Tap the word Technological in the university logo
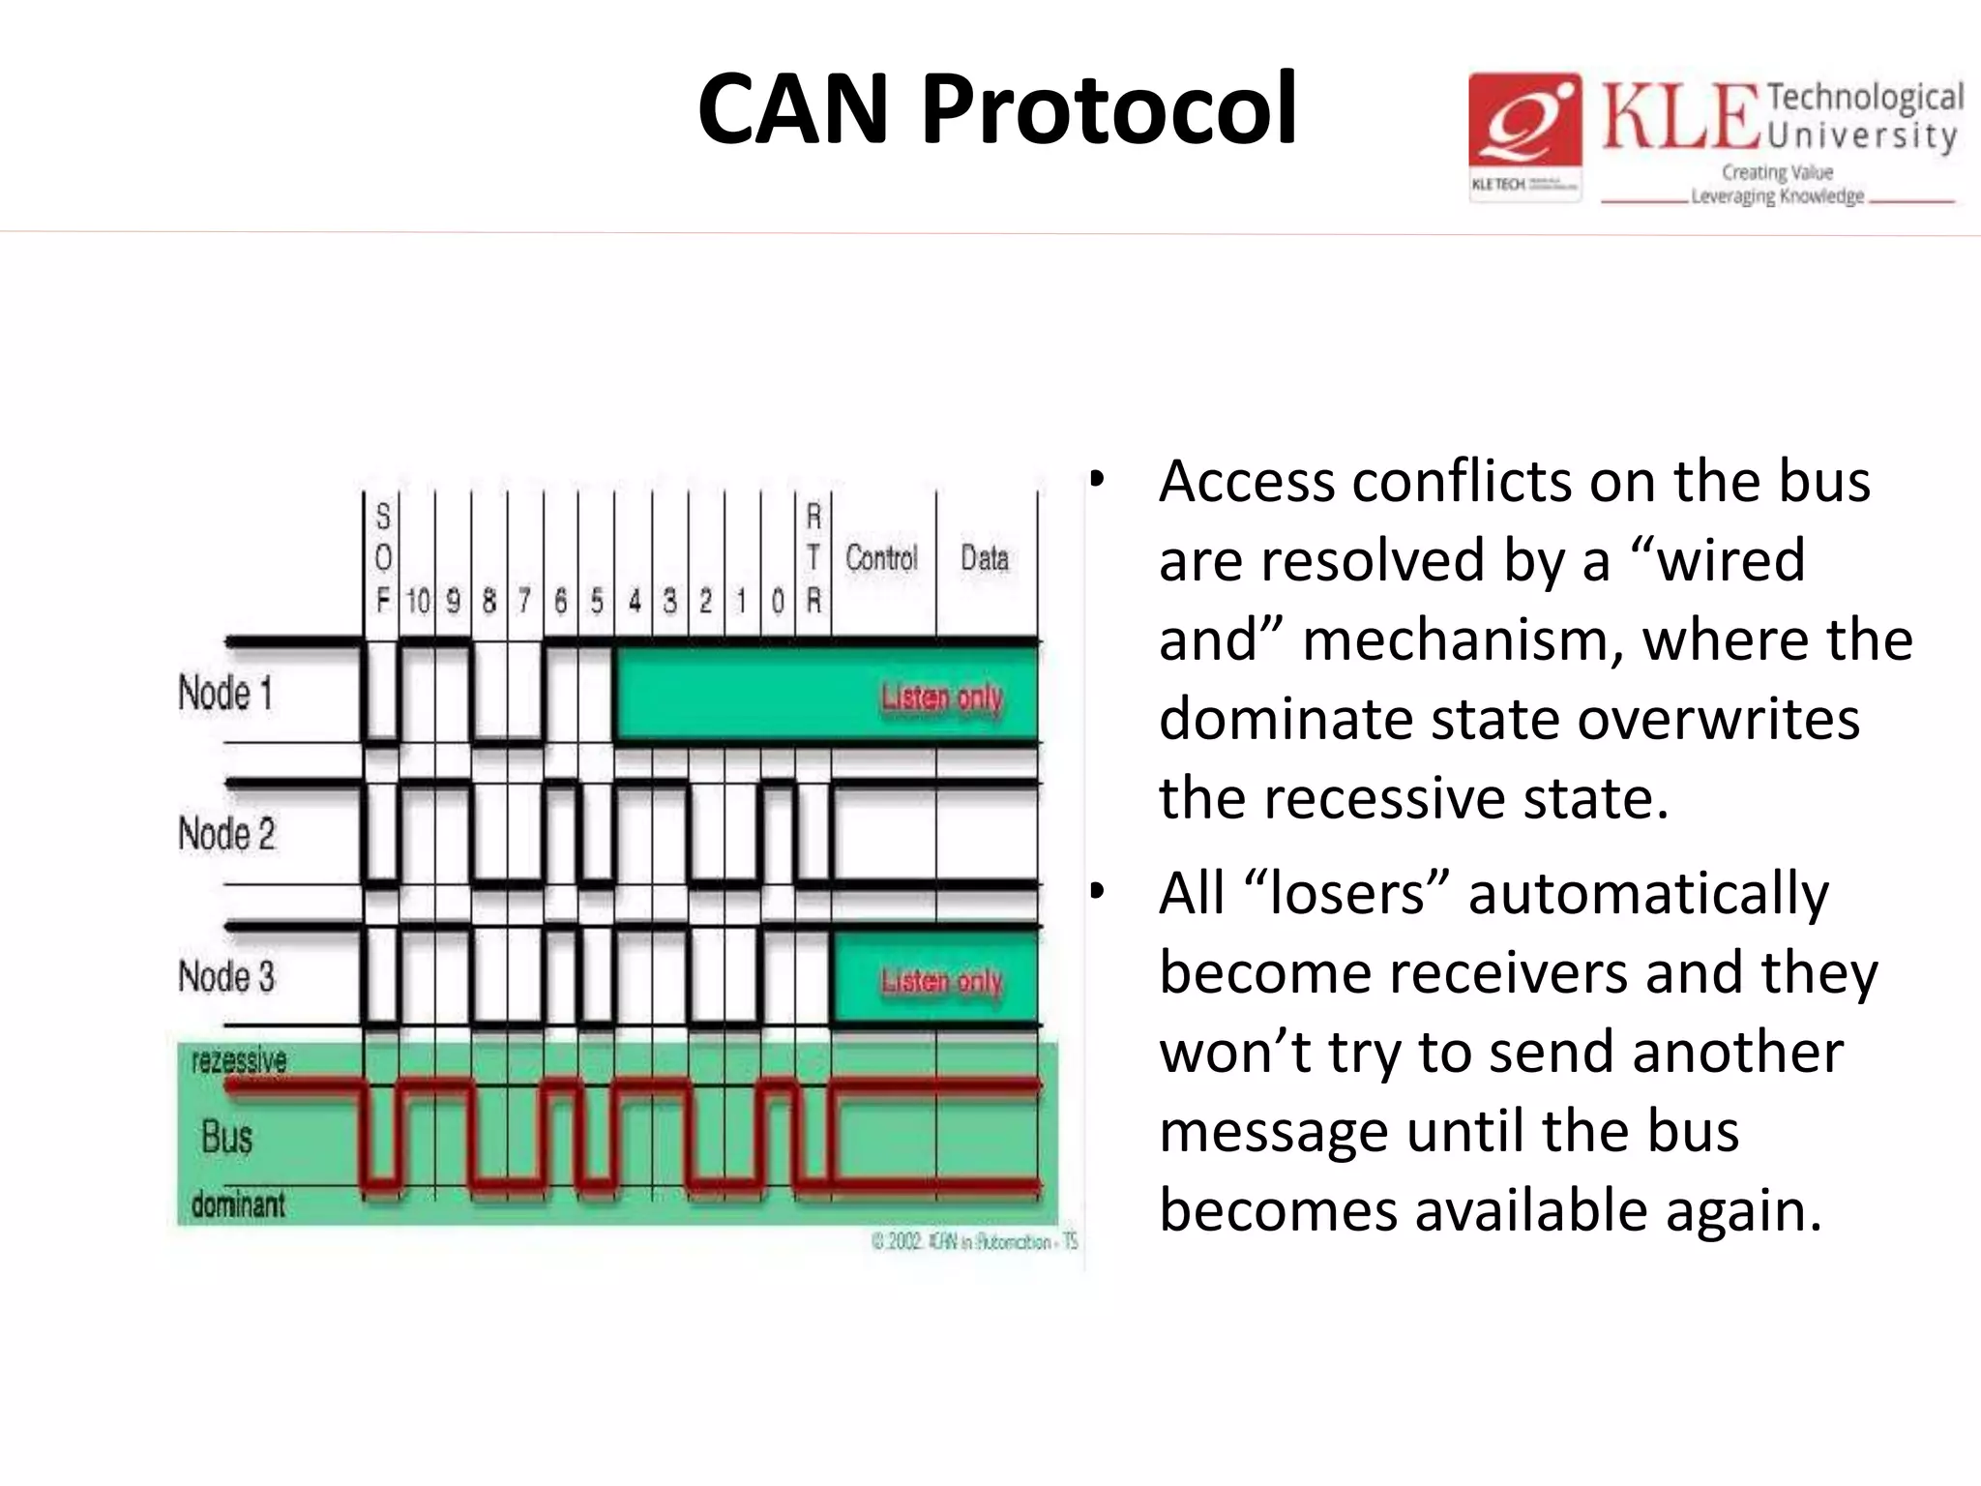(x=1865, y=98)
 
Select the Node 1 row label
(x=225, y=694)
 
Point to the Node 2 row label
(x=226, y=833)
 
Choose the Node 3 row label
(x=226, y=975)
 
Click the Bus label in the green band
(x=227, y=1137)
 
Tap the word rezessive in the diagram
(x=239, y=1060)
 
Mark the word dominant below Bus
(x=238, y=1204)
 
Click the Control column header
(x=881, y=558)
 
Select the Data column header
(x=985, y=558)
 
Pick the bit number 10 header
(x=418, y=602)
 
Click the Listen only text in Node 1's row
(x=941, y=697)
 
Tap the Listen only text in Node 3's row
(x=941, y=981)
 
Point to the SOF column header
(x=383, y=558)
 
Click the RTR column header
(x=813, y=558)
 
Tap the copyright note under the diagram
(x=974, y=1241)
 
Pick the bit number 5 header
(x=597, y=602)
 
